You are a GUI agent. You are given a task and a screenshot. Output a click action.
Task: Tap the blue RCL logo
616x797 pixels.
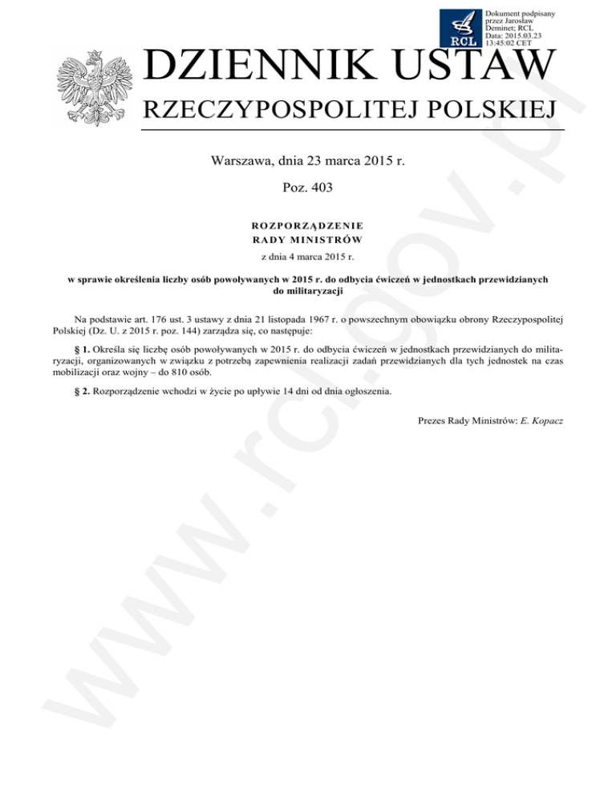[x=461, y=27]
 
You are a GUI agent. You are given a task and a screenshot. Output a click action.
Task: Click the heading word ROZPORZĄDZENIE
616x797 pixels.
[x=309, y=226]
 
